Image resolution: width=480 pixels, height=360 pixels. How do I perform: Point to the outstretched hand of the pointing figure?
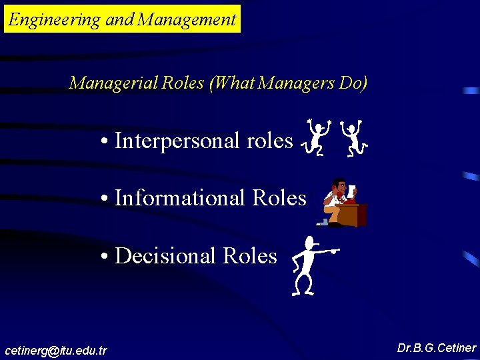pyautogui.click(x=335, y=251)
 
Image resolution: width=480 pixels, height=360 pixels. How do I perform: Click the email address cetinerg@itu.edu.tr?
pyautogui.click(x=56, y=350)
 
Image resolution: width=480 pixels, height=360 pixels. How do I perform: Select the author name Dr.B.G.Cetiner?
pyautogui.click(x=436, y=348)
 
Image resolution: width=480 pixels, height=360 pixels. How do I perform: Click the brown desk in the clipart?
pyautogui.click(x=352, y=215)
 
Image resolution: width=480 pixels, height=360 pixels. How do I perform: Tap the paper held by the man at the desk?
pyautogui.click(x=351, y=191)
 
